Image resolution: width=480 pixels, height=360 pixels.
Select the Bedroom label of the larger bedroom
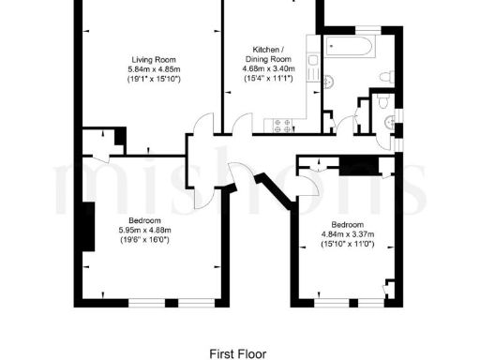coord(133,220)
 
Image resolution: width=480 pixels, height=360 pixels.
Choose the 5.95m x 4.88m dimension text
coord(133,230)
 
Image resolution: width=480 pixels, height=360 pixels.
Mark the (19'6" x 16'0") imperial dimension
coord(133,240)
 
